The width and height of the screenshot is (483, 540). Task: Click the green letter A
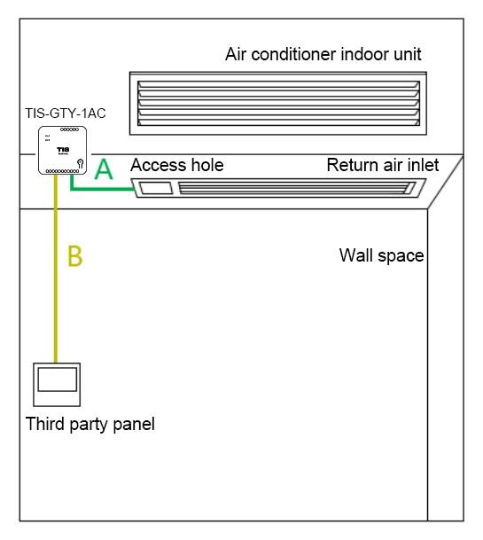[x=104, y=169]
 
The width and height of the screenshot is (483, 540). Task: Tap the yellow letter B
[x=75, y=256]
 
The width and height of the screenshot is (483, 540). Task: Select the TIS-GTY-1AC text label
[x=66, y=113]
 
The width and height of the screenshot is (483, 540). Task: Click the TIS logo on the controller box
[x=63, y=150]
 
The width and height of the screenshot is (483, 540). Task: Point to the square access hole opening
[x=156, y=188]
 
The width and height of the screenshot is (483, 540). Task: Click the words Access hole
[x=177, y=165]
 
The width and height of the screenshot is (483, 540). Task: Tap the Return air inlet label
[x=383, y=165]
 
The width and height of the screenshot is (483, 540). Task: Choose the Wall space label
[x=381, y=255]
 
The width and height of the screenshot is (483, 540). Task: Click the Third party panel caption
[x=90, y=424]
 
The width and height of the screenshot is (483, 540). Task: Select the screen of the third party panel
[x=57, y=380]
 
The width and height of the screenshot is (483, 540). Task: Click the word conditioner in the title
[x=293, y=54]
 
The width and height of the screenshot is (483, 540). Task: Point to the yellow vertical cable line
[x=56, y=269]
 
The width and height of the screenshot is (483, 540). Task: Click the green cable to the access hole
[x=100, y=189]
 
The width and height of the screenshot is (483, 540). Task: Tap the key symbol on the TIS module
[x=81, y=163]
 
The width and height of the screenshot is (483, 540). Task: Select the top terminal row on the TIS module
[x=69, y=129]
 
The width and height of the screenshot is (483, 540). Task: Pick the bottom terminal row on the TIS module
[x=62, y=171]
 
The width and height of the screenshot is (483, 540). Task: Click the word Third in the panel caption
[x=44, y=423]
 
